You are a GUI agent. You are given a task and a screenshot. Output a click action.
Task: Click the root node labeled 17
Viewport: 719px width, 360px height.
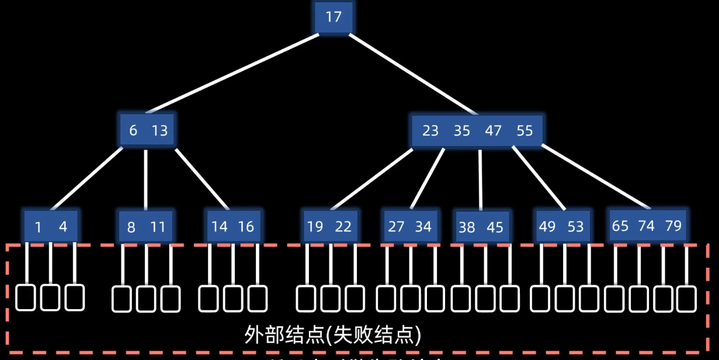pyautogui.click(x=334, y=18)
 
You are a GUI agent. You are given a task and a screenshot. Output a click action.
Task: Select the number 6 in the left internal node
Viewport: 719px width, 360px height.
pyautogui.click(x=133, y=130)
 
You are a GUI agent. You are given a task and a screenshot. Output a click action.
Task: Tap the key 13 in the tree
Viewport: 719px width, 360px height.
pyautogui.click(x=159, y=130)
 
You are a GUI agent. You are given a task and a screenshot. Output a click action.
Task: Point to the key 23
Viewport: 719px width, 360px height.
pyautogui.click(x=430, y=130)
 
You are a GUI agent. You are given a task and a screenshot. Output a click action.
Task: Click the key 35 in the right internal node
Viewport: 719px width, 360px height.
pyautogui.click(x=462, y=130)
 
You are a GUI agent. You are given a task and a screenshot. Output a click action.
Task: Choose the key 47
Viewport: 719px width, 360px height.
pyautogui.click(x=494, y=130)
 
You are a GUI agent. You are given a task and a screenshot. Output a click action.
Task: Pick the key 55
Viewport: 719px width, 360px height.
pyautogui.click(x=525, y=130)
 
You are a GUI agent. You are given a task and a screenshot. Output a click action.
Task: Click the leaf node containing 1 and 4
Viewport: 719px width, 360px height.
pyautogui.click(x=51, y=226)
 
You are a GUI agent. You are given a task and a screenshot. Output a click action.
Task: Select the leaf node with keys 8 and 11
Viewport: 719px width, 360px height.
pyautogui.click(x=145, y=227)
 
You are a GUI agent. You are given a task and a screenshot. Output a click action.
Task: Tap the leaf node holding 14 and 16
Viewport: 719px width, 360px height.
pyautogui.click(x=233, y=226)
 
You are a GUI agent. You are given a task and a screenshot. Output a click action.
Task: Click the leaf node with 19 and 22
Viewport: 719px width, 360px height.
pyautogui.click(x=329, y=226)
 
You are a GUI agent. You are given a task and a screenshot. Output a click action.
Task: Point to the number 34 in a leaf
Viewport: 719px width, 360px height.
pyautogui.click(x=423, y=226)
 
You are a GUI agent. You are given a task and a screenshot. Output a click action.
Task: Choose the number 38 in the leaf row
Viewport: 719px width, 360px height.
pyautogui.click(x=467, y=227)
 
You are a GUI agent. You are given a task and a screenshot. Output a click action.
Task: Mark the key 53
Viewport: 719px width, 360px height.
pyautogui.click(x=575, y=226)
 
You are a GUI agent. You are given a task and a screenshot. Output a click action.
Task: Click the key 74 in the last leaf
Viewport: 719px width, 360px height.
pyautogui.click(x=646, y=226)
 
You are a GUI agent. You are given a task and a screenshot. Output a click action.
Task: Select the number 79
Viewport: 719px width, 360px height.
pyautogui.click(x=673, y=226)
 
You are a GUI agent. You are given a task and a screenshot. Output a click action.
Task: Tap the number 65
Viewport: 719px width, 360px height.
pyautogui.click(x=620, y=226)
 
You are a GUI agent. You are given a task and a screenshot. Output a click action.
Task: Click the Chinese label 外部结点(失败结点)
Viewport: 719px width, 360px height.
pyautogui.click(x=333, y=334)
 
